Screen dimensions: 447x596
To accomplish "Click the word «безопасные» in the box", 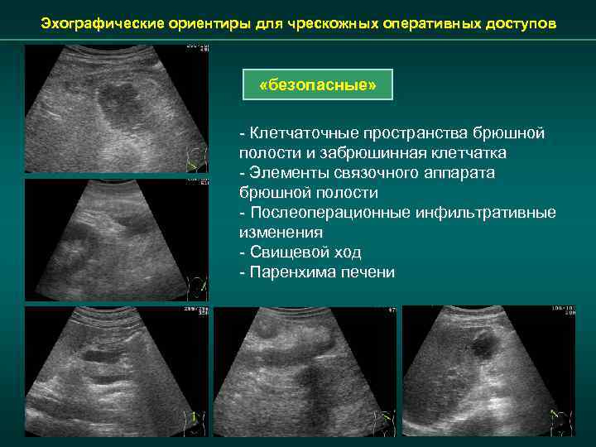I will [318, 86].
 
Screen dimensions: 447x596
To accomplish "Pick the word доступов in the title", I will [515, 24].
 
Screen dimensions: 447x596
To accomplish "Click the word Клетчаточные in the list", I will [301, 133].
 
